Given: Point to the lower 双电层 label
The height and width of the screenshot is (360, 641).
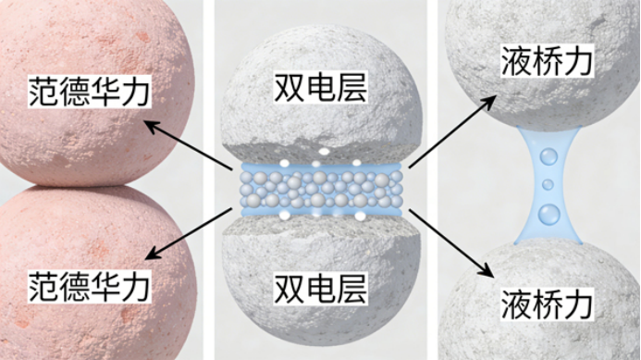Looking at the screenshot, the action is (321, 289).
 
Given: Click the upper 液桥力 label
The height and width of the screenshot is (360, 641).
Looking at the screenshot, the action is (549, 62).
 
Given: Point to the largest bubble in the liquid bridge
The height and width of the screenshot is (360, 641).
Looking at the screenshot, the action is (549, 215).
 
